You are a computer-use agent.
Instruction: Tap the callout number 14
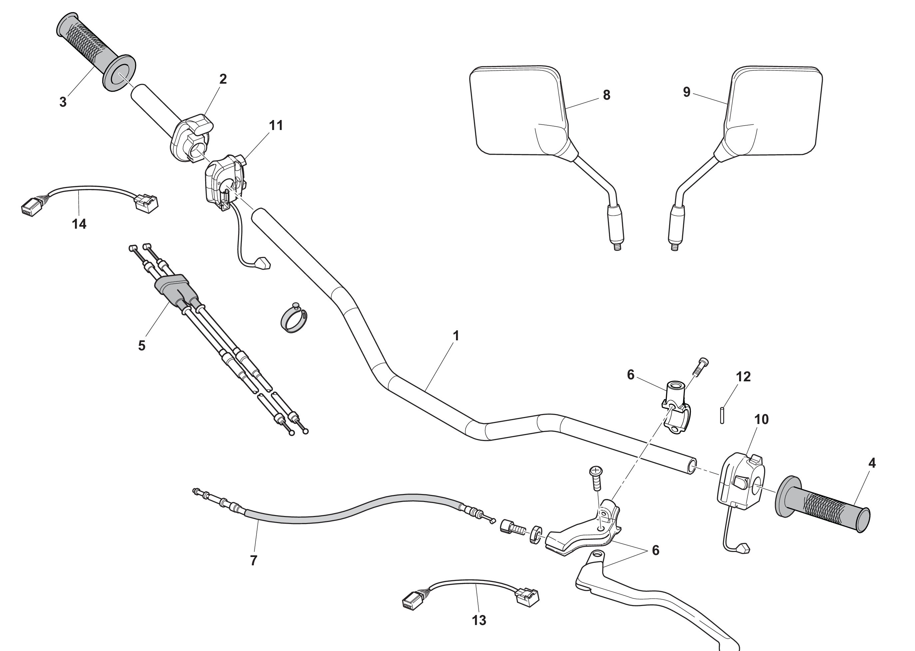point(79,224)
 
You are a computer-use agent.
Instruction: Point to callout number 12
point(743,376)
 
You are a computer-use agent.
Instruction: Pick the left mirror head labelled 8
point(519,110)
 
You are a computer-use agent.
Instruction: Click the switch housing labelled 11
point(225,181)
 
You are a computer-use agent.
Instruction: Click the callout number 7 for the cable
point(253,560)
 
